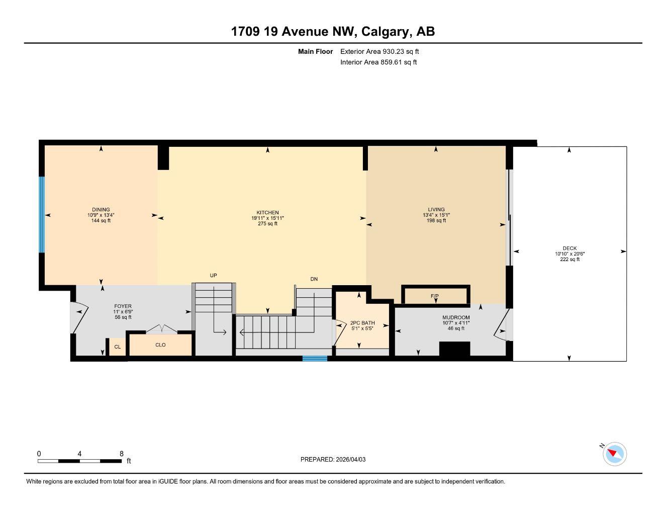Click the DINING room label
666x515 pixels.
click(101, 210)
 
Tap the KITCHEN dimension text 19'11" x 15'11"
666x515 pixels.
click(267, 218)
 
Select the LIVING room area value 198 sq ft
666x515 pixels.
click(436, 221)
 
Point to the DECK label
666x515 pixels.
click(569, 248)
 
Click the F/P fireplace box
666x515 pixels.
click(435, 295)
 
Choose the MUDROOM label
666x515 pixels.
click(456, 317)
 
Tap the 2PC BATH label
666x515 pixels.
click(362, 323)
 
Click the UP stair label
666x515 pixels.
click(213, 276)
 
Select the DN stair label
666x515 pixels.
click(314, 279)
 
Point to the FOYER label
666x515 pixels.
click(123, 306)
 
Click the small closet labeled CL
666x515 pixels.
click(117, 347)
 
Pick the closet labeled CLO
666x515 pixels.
click(160, 345)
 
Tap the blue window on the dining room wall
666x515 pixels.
click(42, 215)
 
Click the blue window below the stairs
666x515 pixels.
click(315, 359)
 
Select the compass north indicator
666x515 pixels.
click(614, 454)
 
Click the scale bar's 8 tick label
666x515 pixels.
click(122, 454)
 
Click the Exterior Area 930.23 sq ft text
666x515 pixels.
click(379, 51)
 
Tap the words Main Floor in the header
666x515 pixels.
click(315, 51)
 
